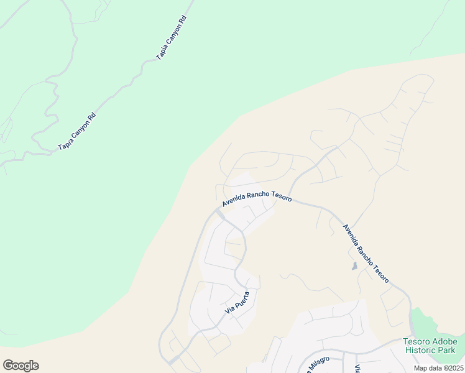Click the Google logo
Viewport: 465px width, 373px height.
[x=21, y=366]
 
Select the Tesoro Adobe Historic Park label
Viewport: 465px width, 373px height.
[x=430, y=346]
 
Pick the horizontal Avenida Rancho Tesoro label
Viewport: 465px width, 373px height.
[x=257, y=200]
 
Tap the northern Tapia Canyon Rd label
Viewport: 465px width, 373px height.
[x=172, y=38]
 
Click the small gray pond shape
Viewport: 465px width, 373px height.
[x=354, y=266]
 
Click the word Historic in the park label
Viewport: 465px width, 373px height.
[x=421, y=350]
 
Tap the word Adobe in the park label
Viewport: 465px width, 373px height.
[x=444, y=341]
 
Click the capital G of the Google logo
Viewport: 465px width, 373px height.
[x=8, y=366]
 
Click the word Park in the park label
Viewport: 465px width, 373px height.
[x=448, y=350]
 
